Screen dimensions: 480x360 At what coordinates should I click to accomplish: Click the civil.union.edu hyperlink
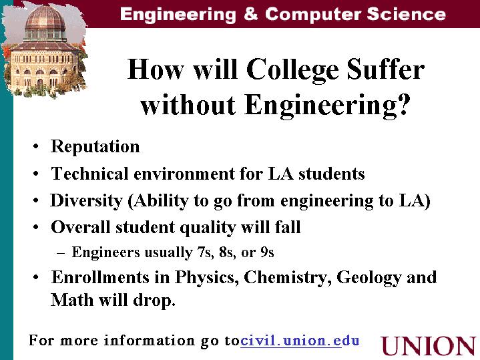[x=300, y=341]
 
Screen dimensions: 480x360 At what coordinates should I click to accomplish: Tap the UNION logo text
[x=429, y=346]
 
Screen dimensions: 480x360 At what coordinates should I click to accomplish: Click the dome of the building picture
[x=45, y=19]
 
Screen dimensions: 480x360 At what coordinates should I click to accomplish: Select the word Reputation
[x=95, y=146]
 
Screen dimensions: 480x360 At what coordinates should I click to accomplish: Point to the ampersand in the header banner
[x=251, y=14]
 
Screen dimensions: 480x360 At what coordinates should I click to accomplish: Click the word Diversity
[x=86, y=201]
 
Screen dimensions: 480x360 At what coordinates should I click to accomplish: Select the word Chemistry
[x=288, y=278]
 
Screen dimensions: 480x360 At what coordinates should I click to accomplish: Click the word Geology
[x=369, y=278]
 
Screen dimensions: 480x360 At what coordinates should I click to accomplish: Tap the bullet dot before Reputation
[x=36, y=146]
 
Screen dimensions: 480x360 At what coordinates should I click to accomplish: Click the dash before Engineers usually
[x=61, y=253]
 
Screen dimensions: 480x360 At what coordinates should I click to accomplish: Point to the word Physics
[x=207, y=278]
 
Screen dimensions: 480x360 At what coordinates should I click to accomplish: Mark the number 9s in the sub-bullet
[x=267, y=252]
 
